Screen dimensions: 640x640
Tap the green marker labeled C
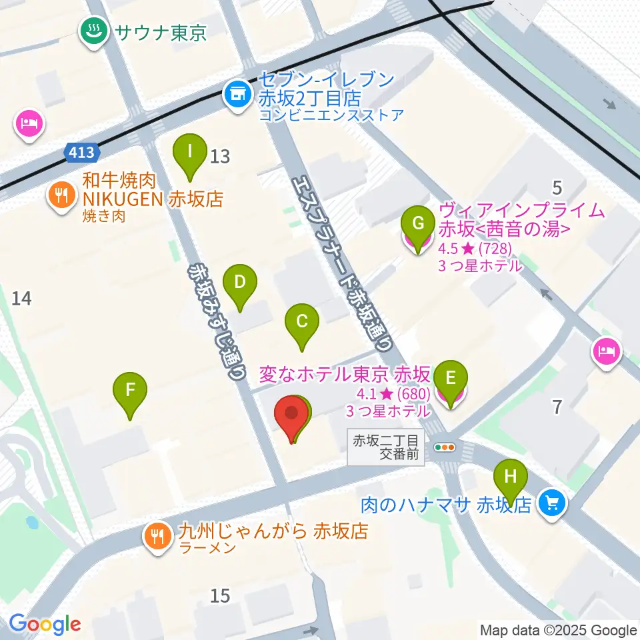(301, 322)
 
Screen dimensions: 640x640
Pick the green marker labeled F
(130, 389)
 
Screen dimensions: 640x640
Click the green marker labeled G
(419, 224)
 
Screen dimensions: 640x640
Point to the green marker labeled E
(451, 379)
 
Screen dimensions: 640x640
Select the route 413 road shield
(82, 153)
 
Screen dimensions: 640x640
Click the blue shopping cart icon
(553, 502)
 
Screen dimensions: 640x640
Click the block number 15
(220, 595)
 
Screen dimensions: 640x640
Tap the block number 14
(22, 299)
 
